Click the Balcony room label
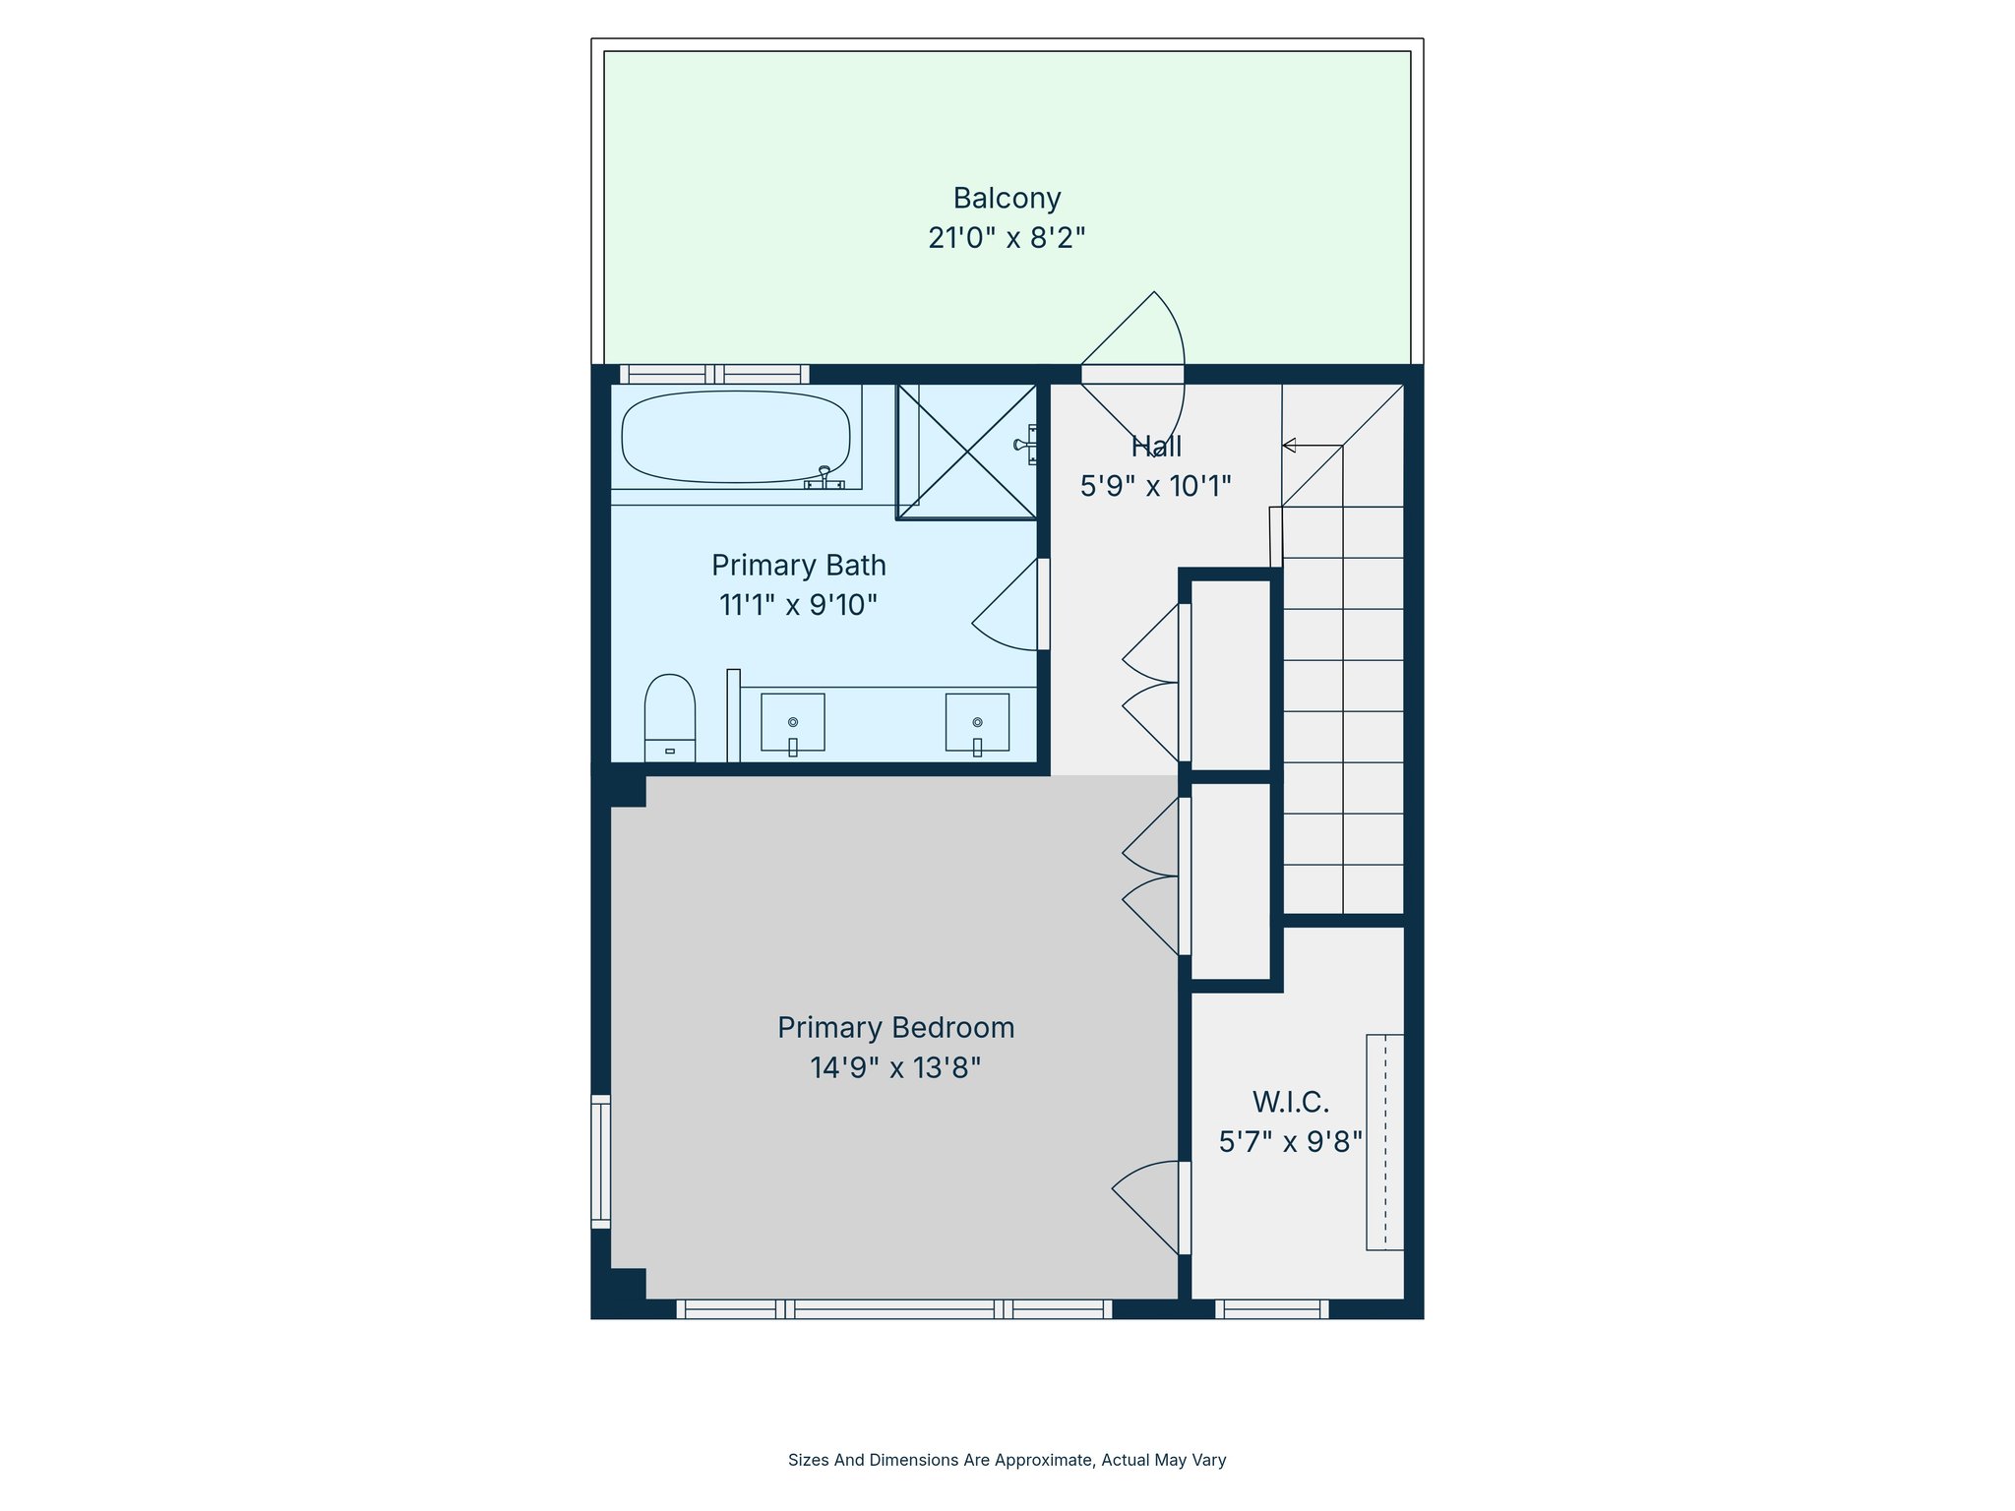[x=1007, y=199]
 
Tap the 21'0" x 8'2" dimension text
[x=1007, y=238]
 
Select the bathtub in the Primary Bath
[x=735, y=437]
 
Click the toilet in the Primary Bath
[x=669, y=716]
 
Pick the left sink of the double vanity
[x=792, y=722]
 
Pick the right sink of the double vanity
[x=977, y=722]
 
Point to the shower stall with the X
[x=967, y=452]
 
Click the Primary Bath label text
[x=798, y=566]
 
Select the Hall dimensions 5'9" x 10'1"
[x=1155, y=486]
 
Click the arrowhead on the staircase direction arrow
[x=1289, y=446]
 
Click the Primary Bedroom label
[x=895, y=1028]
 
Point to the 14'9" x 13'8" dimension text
[x=895, y=1067]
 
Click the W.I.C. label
[x=1290, y=1102]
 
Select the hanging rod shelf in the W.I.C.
[x=1384, y=1142]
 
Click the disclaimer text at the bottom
[x=1007, y=1460]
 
